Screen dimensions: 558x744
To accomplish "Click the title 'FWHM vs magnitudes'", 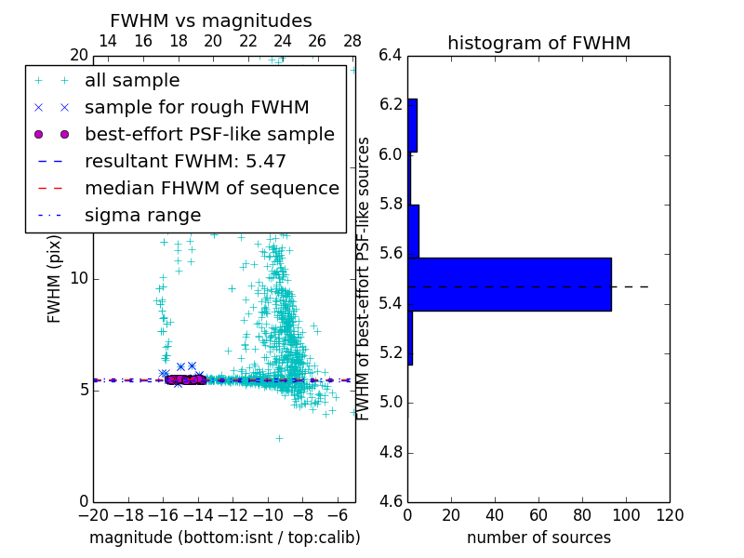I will [x=211, y=20].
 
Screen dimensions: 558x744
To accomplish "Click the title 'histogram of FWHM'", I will [x=538, y=43].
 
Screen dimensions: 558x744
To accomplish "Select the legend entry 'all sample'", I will [x=132, y=81].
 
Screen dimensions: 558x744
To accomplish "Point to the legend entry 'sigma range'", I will [x=142, y=215].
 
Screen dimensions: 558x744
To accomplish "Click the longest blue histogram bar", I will [x=510, y=284].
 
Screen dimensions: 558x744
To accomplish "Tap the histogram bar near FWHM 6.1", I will [x=412, y=126].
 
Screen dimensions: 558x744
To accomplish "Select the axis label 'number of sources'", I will [x=538, y=538].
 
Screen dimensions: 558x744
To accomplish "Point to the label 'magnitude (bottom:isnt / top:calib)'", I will [x=224, y=538].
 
